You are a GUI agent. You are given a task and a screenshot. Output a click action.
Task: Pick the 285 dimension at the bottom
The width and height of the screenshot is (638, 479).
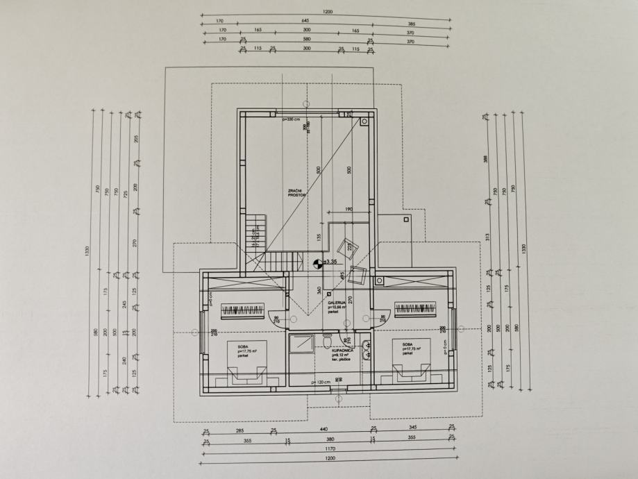pos(239,430)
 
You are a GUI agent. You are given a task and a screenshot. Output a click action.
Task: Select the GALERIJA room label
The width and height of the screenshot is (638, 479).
pos(338,304)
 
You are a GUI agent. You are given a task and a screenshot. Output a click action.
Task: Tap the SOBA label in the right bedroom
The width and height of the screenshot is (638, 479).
pos(405,344)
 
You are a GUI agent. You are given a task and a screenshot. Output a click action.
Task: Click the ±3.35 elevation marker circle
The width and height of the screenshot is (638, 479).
pos(317,262)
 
